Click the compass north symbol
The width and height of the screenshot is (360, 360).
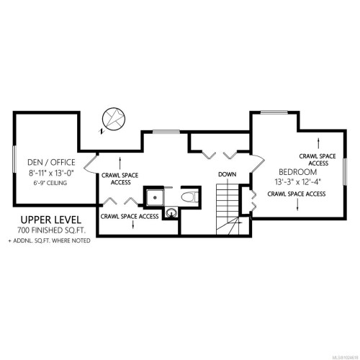[112, 119]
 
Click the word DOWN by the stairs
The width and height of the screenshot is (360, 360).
[228, 175]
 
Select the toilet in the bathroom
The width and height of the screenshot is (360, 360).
[189, 197]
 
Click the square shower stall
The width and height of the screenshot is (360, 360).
[154, 197]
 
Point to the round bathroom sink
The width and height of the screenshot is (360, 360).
[171, 212]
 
